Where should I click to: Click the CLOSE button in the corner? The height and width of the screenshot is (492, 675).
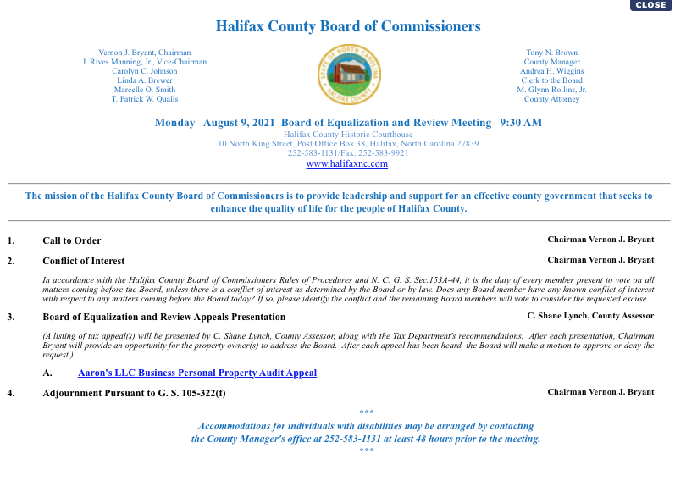pyautogui.click(x=650, y=5)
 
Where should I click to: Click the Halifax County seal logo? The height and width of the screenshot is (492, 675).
pyautogui.click(x=348, y=75)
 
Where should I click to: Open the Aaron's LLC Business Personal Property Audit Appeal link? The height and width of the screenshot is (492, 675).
pyautogui.click(x=197, y=373)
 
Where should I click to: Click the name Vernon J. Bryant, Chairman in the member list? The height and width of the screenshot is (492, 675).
pyautogui.click(x=145, y=53)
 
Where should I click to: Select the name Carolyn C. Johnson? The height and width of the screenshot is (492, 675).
pyautogui.click(x=145, y=71)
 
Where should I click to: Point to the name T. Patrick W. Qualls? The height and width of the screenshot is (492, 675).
pyautogui.click(x=145, y=99)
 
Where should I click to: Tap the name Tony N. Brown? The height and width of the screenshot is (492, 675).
pyautogui.click(x=551, y=53)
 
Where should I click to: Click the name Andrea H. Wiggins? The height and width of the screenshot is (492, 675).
pyautogui.click(x=551, y=71)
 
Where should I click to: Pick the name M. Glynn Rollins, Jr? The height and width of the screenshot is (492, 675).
pyautogui.click(x=551, y=90)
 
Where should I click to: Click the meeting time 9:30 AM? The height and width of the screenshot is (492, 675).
pyautogui.click(x=521, y=123)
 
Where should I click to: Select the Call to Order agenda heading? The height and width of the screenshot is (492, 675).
pyautogui.click(x=72, y=240)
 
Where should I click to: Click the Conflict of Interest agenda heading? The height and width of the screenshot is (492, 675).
pyautogui.click(x=84, y=261)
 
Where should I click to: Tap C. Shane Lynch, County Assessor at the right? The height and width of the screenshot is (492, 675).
pyautogui.click(x=590, y=316)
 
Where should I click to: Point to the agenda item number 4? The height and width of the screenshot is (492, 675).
pyautogui.click(x=11, y=392)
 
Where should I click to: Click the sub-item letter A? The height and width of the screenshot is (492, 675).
pyautogui.click(x=48, y=373)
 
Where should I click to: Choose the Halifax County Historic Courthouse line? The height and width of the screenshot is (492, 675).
pyautogui.click(x=348, y=135)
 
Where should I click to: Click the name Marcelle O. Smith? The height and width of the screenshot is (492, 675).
pyautogui.click(x=145, y=90)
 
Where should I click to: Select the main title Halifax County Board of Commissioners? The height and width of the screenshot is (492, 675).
pyautogui.click(x=348, y=26)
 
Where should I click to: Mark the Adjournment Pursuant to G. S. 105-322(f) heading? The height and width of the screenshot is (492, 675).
pyautogui.click(x=134, y=393)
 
